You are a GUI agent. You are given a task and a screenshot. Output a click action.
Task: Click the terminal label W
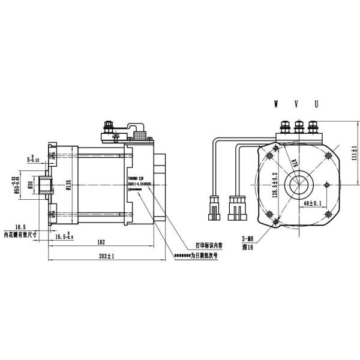coord(277,104)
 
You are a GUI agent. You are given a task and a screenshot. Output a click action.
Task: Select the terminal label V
coord(296,104)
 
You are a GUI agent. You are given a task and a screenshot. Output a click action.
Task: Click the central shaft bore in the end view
coord(298,182)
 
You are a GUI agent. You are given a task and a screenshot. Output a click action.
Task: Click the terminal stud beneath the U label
coord(315,127)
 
